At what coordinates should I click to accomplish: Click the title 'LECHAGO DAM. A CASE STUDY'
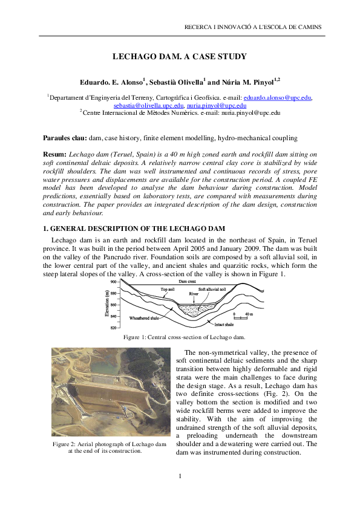[x=180, y=57]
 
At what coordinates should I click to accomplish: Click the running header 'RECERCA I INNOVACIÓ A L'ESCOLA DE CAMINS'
[x=252, y=27]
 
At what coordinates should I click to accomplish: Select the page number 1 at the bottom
[x=180, y=477]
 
